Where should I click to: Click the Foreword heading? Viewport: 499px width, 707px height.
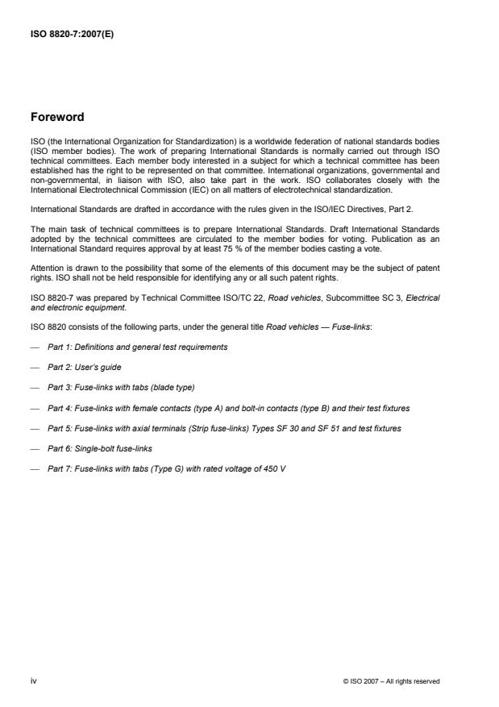point(56,117)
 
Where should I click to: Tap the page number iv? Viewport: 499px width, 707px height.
point(34,680)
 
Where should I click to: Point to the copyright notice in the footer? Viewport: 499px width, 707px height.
point(391,681)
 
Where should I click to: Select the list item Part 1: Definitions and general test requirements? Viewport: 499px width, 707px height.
point(137,347)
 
